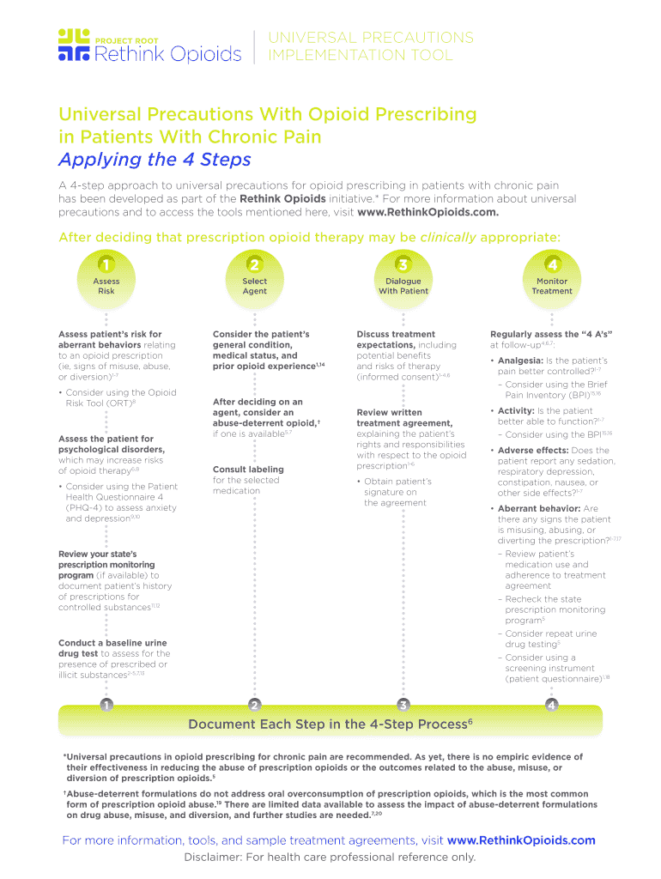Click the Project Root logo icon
(74, 45)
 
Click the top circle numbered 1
(106, 263)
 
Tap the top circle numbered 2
(254, 263)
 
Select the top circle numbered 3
(403, 263)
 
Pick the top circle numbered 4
(552, 263)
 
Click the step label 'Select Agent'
(254, 286)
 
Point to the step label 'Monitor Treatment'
(552, 286)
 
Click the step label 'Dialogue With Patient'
(403, 286)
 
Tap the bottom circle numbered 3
(403, 705)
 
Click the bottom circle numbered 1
(106, 705)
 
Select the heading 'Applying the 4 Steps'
(155, 160)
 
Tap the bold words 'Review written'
(389, 412)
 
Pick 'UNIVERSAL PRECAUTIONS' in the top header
(371, 38)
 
